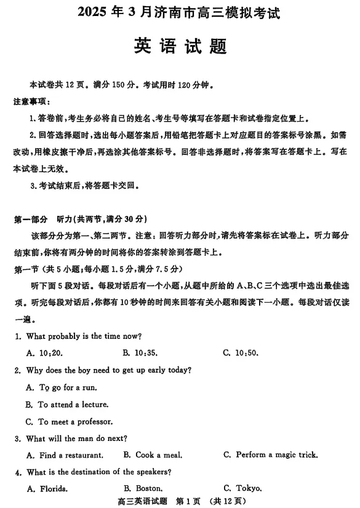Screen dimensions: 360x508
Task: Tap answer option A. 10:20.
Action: (x=44, y=353)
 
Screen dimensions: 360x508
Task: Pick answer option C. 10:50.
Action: (x=241, y=353)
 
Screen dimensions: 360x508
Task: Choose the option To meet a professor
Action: (x=68, y=422)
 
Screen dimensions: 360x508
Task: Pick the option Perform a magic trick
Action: (x=271, y=455)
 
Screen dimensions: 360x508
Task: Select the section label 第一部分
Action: (x=30, y=220)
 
